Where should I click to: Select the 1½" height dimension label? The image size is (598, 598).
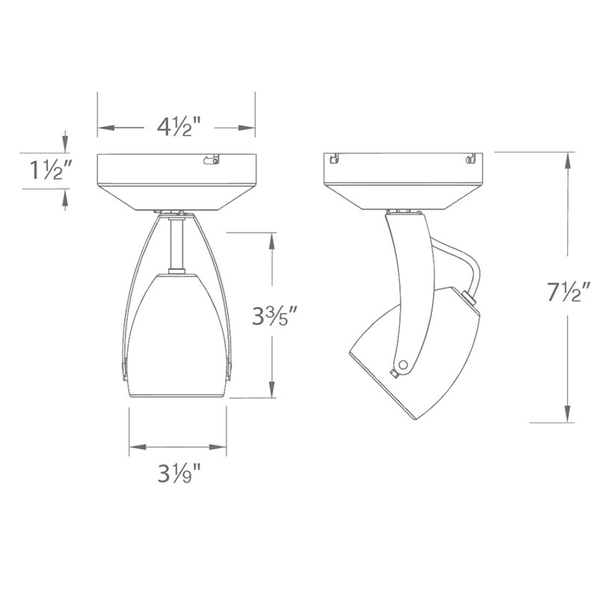(x=50, y=170)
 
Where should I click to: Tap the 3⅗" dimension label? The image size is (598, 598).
(x=274, y=315)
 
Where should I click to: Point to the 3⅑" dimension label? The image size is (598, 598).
(x=179, y=473)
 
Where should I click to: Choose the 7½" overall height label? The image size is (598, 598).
(x=569, y=292)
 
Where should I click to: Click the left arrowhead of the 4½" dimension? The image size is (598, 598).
(x=106, y=128)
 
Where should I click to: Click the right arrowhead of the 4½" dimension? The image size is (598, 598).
(x=247, y=128)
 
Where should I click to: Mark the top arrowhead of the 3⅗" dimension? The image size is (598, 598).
(x=272, y=241)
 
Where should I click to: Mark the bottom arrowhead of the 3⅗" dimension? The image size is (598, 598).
(x=272, y=389)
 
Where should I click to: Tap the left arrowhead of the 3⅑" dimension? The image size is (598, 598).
(x=138, y=447)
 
